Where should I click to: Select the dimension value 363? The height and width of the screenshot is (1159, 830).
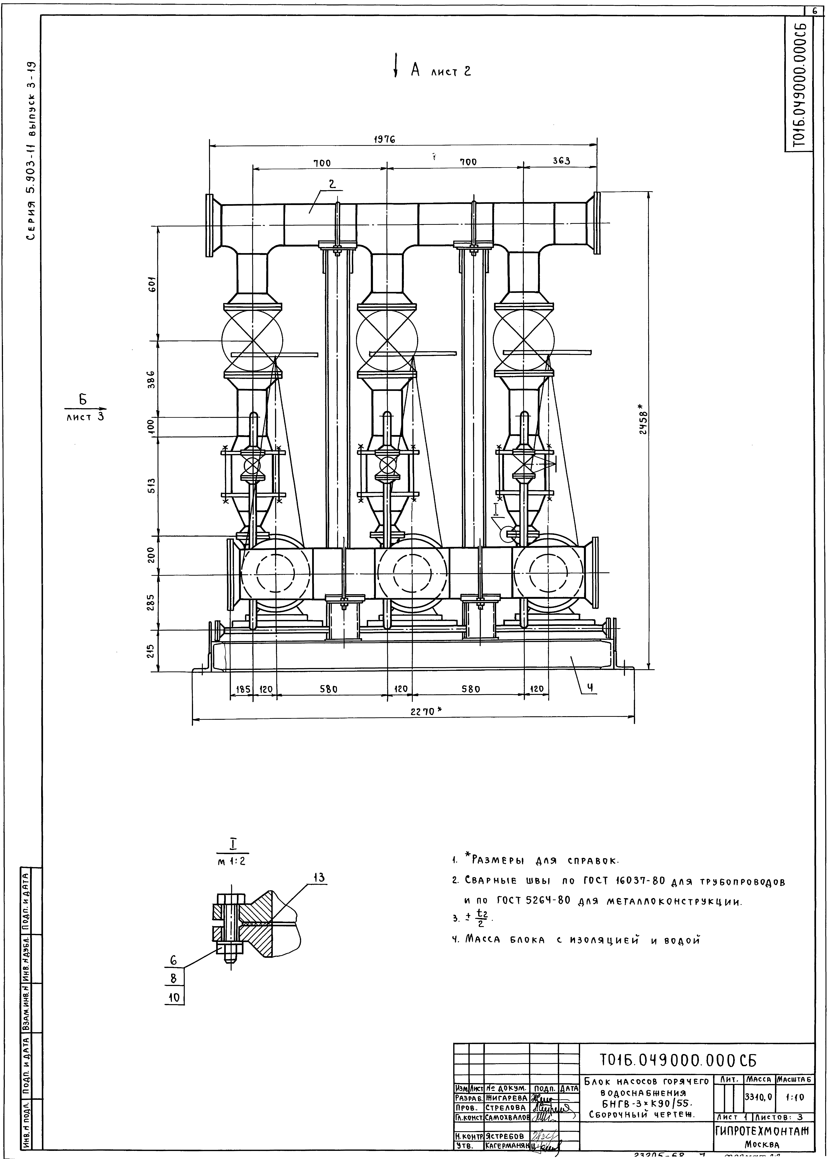(561, 161)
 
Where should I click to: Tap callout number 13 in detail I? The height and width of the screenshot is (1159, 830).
(319, 878)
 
